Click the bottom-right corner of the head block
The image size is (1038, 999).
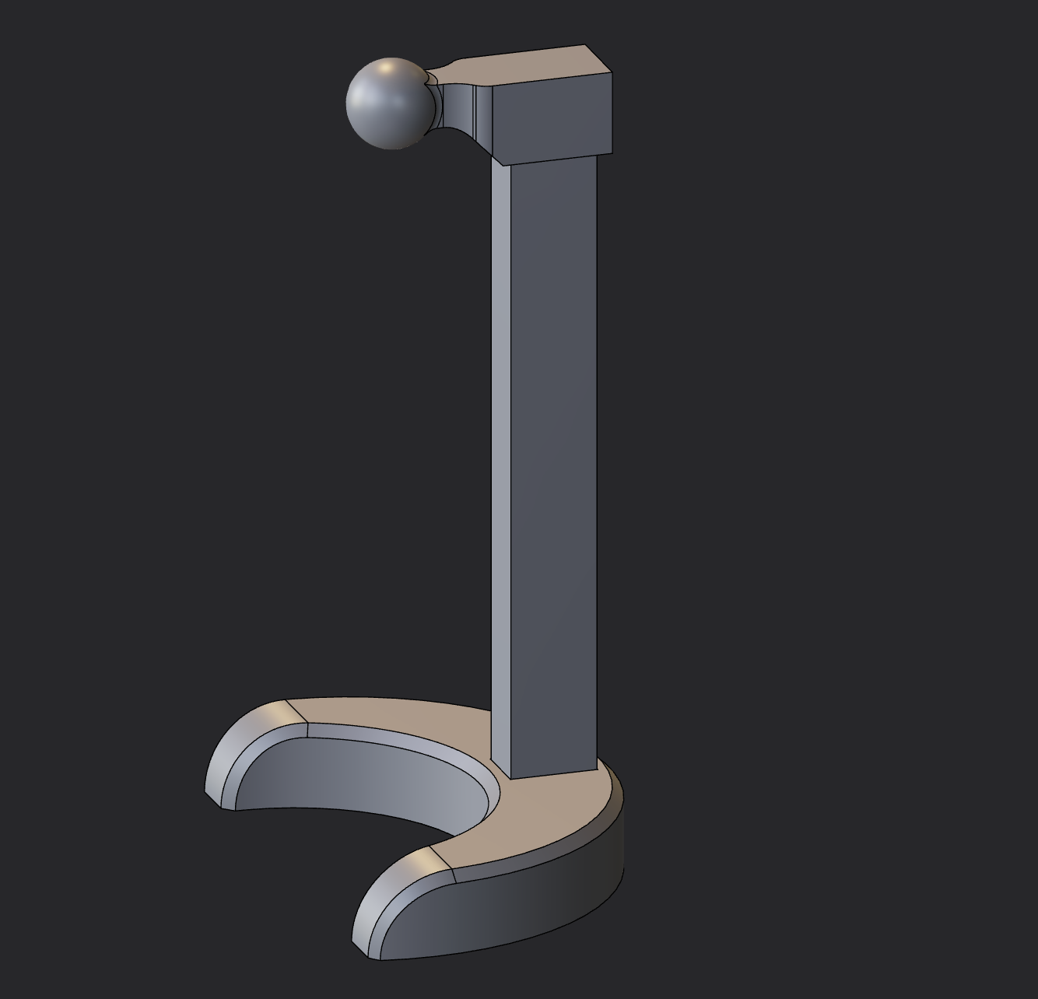(612, 153)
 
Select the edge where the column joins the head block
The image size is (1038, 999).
(545, 160)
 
